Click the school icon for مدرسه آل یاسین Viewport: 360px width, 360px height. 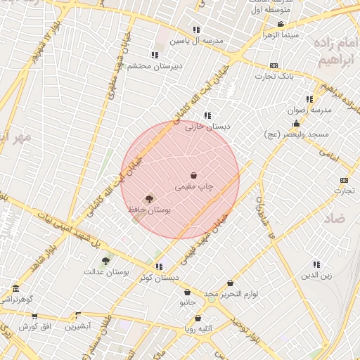(195, 30)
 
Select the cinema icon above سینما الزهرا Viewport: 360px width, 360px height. (281, 25)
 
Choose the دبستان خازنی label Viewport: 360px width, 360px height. (209, 127)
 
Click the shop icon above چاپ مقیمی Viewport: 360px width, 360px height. (193, 175)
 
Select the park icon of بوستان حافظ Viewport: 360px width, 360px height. (148, 199)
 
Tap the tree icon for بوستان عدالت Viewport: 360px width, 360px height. (105, 261)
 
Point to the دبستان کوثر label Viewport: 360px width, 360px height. (155, 278)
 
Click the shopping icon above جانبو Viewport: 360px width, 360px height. (187, 292)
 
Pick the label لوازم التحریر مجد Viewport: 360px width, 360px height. (231, 292)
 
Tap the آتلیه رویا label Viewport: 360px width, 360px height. (200, 328)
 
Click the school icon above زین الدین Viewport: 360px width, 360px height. (317, 264)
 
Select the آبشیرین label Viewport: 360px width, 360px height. (79, 326)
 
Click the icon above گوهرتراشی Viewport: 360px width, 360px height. (16, 288)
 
